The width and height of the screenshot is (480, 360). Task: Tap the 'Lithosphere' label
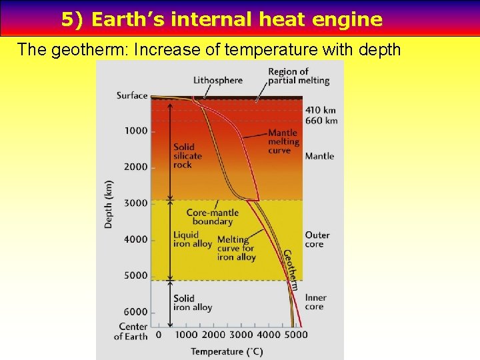tap(218, 81)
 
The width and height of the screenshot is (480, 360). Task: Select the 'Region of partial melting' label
tap(299, 76)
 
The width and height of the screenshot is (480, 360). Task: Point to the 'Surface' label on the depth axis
tap(132, 95)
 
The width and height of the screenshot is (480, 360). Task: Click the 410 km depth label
tap(321, 110)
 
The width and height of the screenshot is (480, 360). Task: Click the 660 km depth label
tap(321, 121)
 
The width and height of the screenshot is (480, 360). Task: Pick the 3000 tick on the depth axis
tap(135, 203)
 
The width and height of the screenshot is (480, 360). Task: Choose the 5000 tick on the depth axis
tap(135, 275)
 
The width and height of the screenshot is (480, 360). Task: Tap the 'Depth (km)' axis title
tap(109, 204)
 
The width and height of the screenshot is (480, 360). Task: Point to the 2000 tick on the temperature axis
tap(213, 335)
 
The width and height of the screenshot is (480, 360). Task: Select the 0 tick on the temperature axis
tap(158, 335)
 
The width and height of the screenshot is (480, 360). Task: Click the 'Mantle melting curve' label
tap(283, 141)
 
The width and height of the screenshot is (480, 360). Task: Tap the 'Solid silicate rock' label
tap(187, 156)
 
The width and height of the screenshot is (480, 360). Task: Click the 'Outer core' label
tap(317, 239)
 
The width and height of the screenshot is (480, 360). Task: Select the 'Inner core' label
tap(317, 302)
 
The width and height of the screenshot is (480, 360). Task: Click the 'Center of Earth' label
tap(131, 331)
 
